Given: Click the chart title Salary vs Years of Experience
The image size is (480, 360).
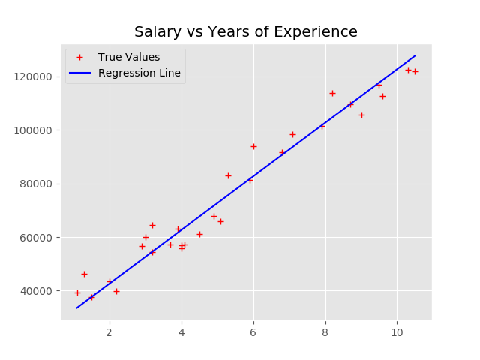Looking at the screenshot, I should tap(246, 32).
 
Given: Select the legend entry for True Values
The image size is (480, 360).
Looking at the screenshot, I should tap(128, 57).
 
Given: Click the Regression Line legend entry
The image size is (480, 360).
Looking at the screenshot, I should tap(139, 73).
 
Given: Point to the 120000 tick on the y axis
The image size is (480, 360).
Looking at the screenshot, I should tap(36, 76).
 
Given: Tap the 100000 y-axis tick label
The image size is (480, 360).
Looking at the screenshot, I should tap(36, 130).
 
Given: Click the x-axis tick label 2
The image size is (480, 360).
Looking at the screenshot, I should tap(109, 332).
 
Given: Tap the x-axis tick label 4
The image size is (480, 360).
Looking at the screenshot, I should tap(181, 332).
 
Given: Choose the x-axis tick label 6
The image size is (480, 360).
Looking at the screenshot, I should tap(253, 332).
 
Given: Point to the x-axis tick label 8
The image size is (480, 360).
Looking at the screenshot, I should tap(325, 332).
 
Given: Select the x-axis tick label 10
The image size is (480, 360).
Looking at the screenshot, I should tap(397, 332).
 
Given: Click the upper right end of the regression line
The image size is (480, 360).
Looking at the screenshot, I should tap(415, 55).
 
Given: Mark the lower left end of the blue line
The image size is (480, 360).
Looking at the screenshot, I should tap(77, 307).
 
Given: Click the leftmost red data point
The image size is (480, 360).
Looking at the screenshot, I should tap(77, 292).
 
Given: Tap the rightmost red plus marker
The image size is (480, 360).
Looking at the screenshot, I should tap(415, 71).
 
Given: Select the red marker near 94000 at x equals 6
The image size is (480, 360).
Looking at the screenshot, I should tap(253, 146).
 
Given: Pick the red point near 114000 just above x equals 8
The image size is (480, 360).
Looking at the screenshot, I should tap(332, 93).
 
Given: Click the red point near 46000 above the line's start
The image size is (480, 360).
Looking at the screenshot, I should tap(84, 274).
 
